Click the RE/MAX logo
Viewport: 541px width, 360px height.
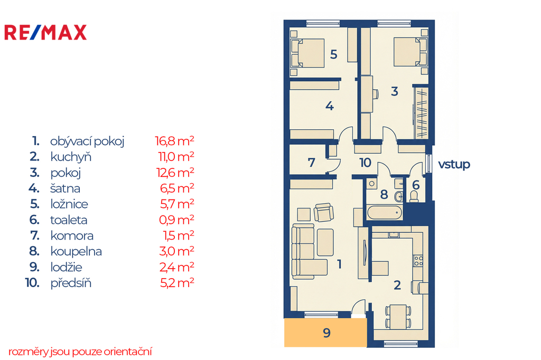pyautogui.click(x=45, y=33)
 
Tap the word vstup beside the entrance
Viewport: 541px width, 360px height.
pyautogui.click(x=454, y=165)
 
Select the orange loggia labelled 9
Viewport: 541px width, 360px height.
pyautogui.click(x=325, y=333)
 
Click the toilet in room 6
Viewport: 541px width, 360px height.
pyautogui.click(x=414, y=196)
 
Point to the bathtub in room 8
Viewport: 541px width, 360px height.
pyautogui.click(x=385, y=212)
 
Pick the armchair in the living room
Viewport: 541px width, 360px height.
pyautogui.click(x=324, y=212)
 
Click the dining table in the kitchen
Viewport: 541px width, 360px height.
pyautogui.click(x=398, y=316)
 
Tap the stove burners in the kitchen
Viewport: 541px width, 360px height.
pyautogui.click(x=418, y=261)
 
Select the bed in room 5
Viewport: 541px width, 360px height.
pyautogui.click(x=307, y=53)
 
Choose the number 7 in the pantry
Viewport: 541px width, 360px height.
pyautogui.click(x=312, y=163)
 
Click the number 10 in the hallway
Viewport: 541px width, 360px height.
pyautogui.click(x=366, y=163)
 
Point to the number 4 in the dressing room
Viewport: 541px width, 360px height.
pyautogui.click(x=330, y=106)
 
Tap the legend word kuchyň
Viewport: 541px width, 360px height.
pyautogui.click(x=71, y=157)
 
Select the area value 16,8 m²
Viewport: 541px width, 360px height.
pyautogui.click(x=174, y=141)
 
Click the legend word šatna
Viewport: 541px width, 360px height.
pyautogui.click(x=65, y=188)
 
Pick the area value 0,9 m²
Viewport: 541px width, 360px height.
pyautogui.click(x=176, y=220)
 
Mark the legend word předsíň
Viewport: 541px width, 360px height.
pyautogui.click(x=71, y=283)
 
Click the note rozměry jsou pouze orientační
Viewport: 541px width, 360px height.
pyautogui.click(x=80, y=352)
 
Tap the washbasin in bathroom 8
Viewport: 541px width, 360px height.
pyautogui.click(x=399, y=196)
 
